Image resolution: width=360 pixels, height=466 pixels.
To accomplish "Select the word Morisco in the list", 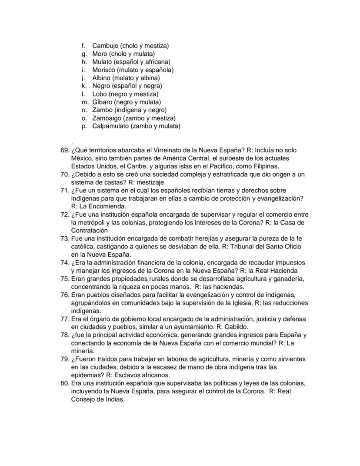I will (104, 70).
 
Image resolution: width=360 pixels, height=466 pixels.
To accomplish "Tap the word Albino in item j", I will (102, 78).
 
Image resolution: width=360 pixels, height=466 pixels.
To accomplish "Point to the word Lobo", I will (100, 94).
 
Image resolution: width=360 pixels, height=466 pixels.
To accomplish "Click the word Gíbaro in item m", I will (103, 102).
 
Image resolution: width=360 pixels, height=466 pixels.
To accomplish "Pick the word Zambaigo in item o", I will (107, 118).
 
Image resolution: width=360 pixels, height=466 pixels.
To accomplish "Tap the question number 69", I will (65, 150).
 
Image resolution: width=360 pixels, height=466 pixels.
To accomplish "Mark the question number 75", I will (65, 279).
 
